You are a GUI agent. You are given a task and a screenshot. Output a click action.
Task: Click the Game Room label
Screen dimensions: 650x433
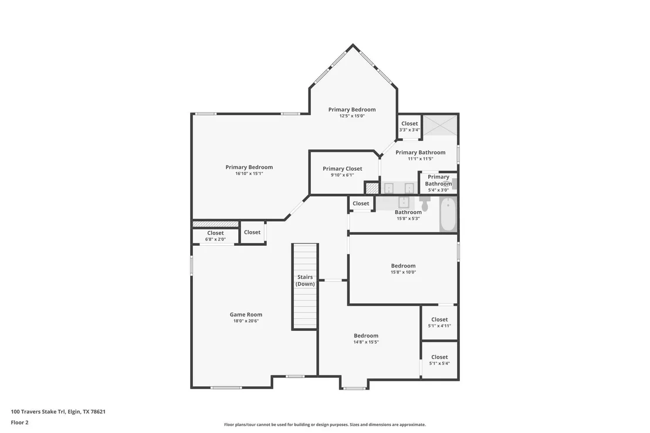point(246,314)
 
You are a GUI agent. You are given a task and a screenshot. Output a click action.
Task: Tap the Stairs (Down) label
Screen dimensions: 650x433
point(305,280)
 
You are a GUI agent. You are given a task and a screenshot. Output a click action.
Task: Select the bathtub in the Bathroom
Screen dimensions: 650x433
point(448,214)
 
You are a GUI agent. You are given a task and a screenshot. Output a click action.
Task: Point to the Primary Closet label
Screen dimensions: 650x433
point(343,169)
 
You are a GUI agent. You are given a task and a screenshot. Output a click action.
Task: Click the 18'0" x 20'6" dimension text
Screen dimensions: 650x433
point(246,320)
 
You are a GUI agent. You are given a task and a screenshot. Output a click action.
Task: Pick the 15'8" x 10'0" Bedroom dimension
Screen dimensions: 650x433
point(404,272)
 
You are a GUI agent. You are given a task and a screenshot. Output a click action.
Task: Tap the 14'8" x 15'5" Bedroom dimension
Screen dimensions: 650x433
point(366,342)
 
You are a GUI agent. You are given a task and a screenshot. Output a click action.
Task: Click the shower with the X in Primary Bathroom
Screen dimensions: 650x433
point(440,125)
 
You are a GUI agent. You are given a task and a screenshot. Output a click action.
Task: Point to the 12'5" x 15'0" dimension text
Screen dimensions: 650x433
point(352,116)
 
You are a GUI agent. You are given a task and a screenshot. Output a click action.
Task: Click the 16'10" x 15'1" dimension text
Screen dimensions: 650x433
point(249,173)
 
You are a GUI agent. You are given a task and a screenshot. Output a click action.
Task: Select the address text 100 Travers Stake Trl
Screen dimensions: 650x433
point(38,412)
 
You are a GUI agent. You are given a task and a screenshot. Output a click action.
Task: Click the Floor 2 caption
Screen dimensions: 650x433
point(19,422)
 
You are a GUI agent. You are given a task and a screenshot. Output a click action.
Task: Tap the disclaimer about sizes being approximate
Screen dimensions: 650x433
point(325,425)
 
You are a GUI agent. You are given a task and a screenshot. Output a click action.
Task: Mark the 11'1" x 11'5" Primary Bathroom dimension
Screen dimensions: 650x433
point(421,158)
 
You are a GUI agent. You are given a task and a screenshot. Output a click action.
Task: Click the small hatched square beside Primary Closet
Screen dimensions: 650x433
point(372,188)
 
